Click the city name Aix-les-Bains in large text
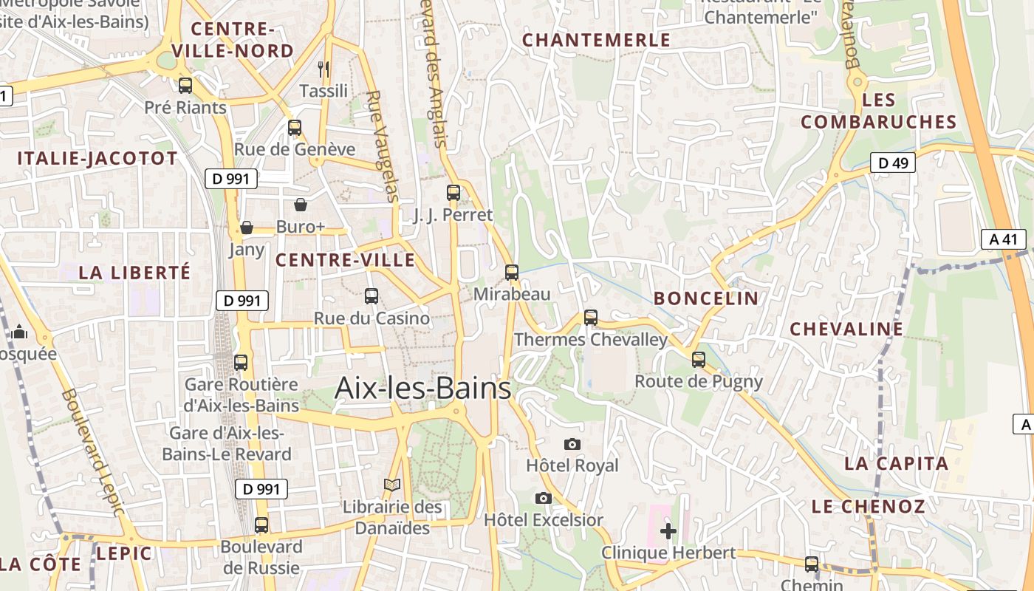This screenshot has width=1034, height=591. [x=422, y=388]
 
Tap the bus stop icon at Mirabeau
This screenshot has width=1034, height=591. [x=512, y=272]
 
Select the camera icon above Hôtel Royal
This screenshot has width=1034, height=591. [x=572, y=444]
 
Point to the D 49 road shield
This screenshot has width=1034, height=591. [x=892, y=163]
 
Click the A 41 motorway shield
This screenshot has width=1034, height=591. [x=1003, y=239]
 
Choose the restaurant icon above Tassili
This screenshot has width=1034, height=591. [x=323, y=69]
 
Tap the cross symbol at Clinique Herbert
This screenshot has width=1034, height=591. [x=668, y=530]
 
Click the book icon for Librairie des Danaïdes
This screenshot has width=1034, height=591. [x=392, y=485]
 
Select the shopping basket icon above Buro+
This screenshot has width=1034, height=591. [x=301, y=204]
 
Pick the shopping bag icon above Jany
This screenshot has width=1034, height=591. [x=247, y=227]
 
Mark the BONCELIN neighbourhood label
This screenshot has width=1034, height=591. [x=706, y=298]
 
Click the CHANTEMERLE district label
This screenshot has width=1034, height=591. [x=597, y=40]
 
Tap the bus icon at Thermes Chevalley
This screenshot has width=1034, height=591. [x=590, y=317]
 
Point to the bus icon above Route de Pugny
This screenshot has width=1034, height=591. [x=699, y=360]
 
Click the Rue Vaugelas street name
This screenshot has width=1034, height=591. [x=383, y=146]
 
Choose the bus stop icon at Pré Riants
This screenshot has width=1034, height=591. [x=185, y=85]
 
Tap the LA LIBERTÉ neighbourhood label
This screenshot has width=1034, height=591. [x=134, y=273]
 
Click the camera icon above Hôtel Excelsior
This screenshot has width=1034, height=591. [x=544, y=498]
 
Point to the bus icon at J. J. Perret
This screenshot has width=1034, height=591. [x=453, y=193]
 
